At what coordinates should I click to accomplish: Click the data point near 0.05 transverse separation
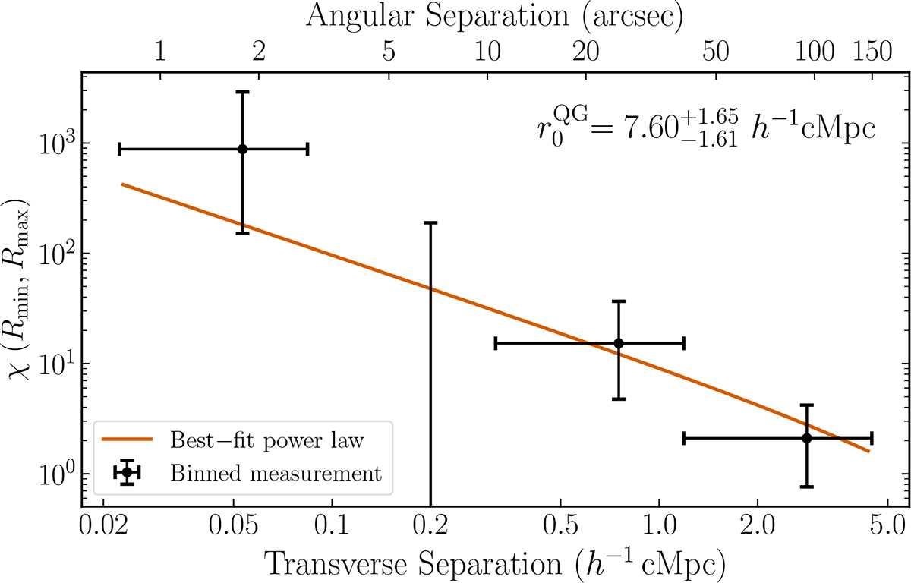242,149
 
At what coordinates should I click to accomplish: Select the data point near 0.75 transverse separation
619,343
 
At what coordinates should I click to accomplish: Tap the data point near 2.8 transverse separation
806,438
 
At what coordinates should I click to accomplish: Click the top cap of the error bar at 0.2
430,222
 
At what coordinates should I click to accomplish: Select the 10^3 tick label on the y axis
57,143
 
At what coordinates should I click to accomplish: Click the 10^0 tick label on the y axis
57,474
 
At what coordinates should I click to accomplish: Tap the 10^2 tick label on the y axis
57,253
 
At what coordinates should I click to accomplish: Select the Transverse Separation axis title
493,563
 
